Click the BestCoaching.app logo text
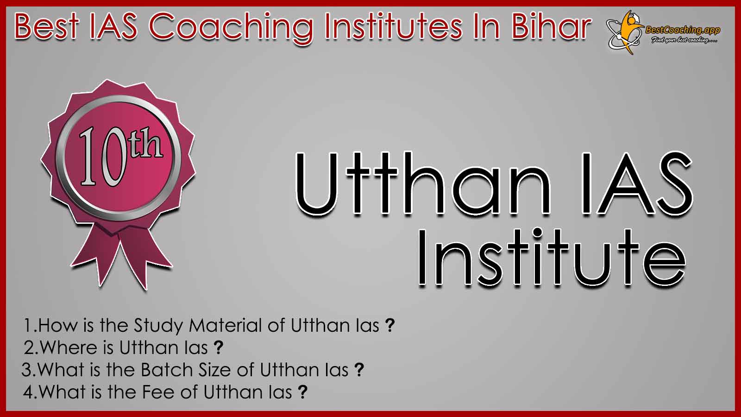pos(683,31)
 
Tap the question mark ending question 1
pos(390,325)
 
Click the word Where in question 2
pos(77,347)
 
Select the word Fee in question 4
pos(158,392)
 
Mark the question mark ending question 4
pos(302,392)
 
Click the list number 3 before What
pos(27,370)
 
